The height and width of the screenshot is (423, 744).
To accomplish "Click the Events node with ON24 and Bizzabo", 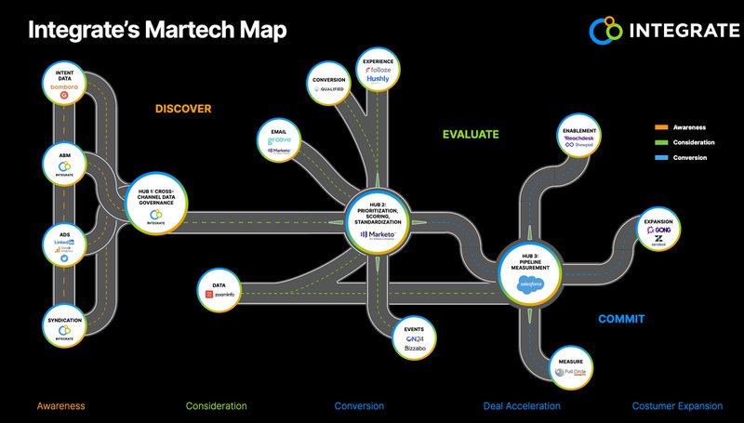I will tap(416, 337).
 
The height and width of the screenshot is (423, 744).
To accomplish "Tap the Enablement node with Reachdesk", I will tap(579, 138).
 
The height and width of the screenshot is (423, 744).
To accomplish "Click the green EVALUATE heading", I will tap(471, 135).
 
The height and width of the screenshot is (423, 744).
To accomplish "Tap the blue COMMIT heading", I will tap(620, 319).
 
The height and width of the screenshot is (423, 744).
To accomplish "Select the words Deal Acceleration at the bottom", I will tap(523, 406).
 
